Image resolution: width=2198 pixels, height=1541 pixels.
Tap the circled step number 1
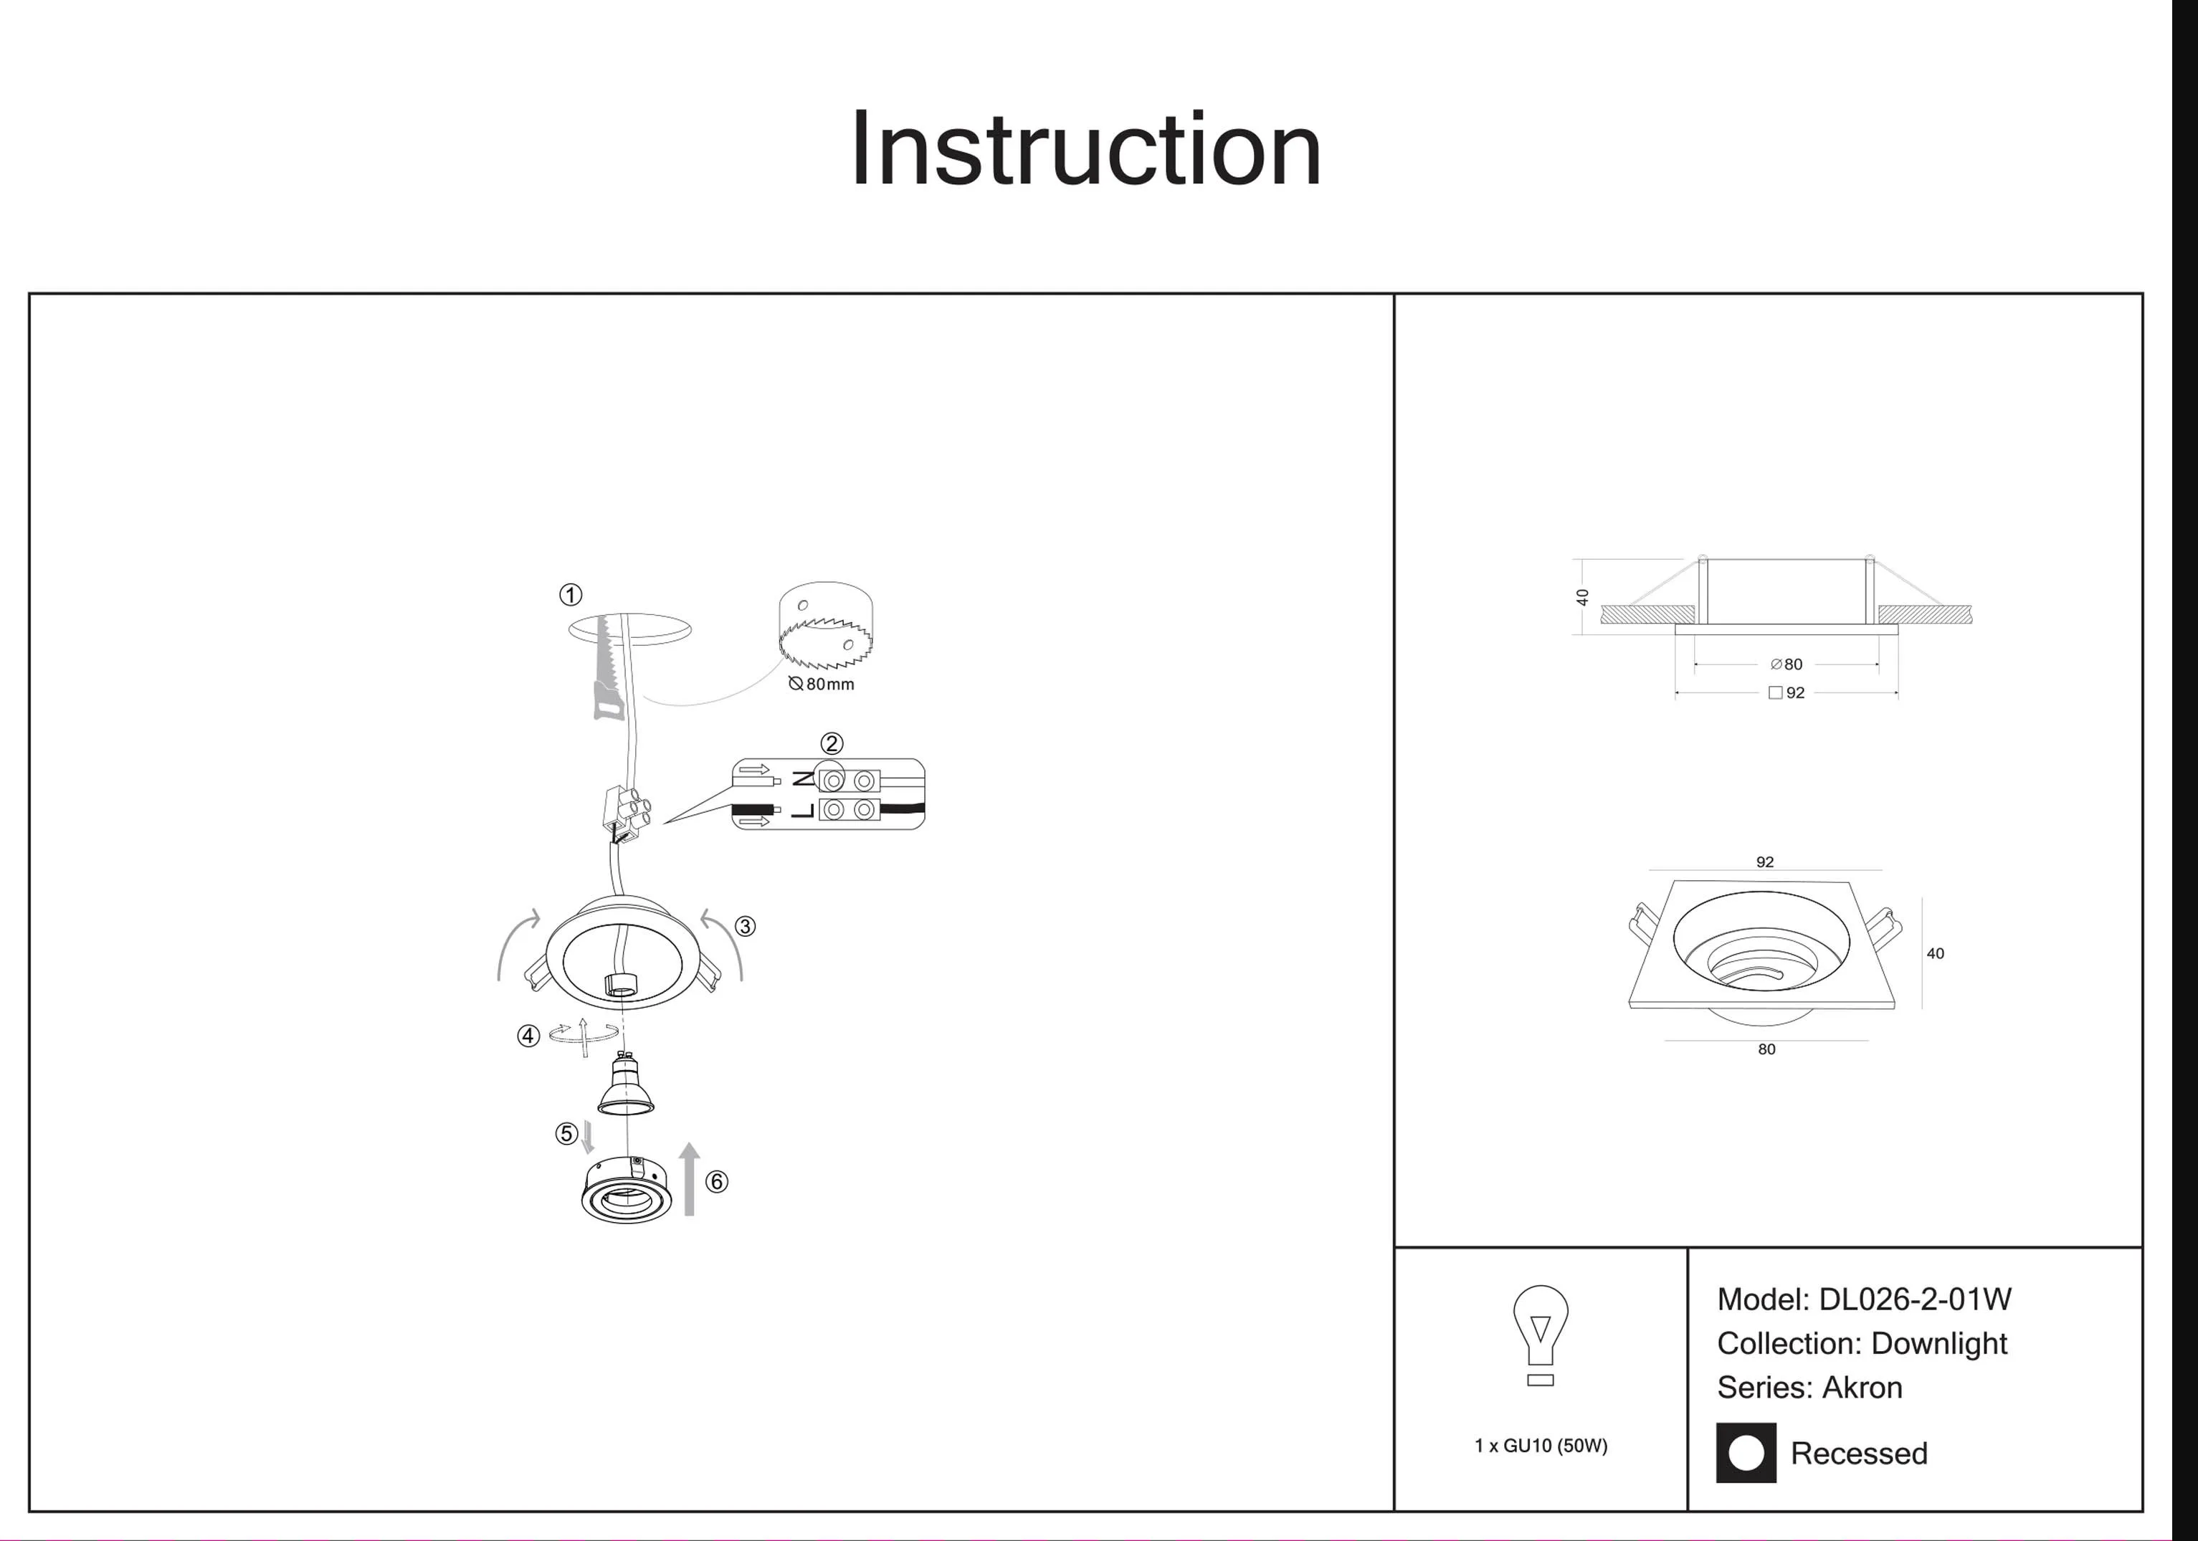click(571, 596)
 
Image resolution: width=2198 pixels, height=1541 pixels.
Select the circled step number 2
click(831, 744)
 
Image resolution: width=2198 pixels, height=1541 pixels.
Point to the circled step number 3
click(745, 927)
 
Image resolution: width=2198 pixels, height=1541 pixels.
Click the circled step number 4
click(528, 1036)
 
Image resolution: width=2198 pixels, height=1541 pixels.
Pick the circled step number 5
click(566, 1134)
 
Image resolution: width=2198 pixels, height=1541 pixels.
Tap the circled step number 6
click(716, 1182)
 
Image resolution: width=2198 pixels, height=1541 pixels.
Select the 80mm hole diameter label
click(822, 684)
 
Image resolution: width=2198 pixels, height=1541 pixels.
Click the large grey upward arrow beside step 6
click(689, 1179)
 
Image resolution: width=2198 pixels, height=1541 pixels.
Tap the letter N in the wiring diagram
click(804, 779)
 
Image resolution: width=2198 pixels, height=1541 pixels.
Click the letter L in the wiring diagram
click(804, 811)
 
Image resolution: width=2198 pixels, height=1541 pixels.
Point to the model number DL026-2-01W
click(1915, 1299)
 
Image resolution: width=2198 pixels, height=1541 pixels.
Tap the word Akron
click(1862, 1387)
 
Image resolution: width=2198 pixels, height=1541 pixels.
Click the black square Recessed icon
click(1745, 1453)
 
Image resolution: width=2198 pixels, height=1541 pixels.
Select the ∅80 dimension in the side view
click(1787, 664)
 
